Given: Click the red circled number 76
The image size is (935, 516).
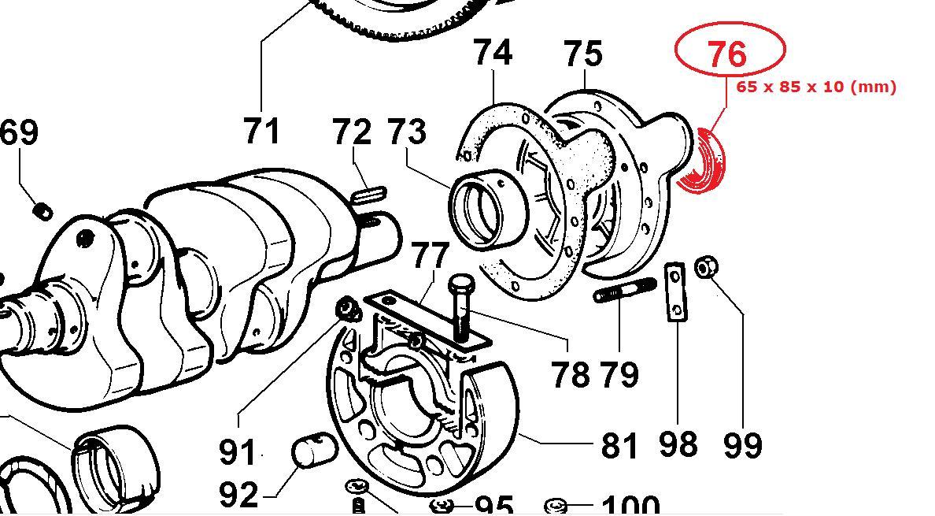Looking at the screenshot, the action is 728,53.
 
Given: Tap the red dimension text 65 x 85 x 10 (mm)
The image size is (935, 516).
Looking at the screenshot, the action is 815,87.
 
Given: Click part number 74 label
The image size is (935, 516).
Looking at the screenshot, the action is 493,53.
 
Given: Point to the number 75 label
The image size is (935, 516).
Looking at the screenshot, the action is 582,54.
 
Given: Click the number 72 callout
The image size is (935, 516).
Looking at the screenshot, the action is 351,132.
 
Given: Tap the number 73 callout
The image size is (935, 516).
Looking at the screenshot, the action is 407,132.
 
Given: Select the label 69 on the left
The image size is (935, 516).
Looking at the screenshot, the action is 19,132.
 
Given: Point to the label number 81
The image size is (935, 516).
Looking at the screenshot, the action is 619,445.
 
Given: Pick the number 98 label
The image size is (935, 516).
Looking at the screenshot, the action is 678,444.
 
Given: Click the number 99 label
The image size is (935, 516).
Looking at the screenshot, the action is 743,444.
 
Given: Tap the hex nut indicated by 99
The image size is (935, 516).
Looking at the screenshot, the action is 706,266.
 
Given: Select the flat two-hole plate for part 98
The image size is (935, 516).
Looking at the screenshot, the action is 675,292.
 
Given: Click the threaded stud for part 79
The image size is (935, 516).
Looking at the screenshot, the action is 624,290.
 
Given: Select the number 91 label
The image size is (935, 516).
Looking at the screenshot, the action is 238,451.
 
